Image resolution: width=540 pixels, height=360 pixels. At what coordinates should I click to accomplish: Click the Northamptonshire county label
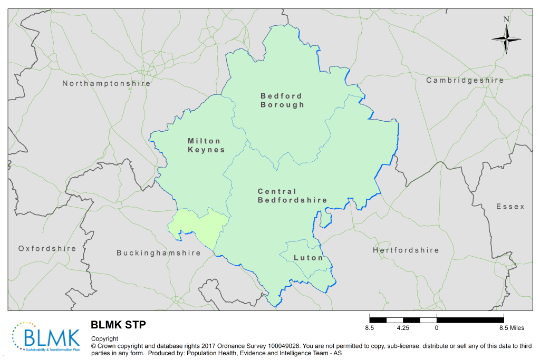[x=106, y=83]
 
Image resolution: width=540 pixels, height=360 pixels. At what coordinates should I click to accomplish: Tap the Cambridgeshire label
[x=465, y=80]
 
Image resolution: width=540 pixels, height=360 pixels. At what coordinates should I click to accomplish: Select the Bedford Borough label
[x=282, y=100]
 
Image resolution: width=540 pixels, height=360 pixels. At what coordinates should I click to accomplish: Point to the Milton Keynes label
[x=206, y=145]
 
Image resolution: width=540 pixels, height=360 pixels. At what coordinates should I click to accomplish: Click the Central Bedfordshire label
[x=292, y=196]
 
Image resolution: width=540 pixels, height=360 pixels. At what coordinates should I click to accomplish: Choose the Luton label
[x=308, y=258]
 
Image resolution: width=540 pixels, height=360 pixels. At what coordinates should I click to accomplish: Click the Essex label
[x=510, y=207]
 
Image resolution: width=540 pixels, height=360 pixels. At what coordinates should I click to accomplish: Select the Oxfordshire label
[x=47, y=248]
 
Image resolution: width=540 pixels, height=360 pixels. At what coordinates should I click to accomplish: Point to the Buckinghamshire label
[x=158, y=253]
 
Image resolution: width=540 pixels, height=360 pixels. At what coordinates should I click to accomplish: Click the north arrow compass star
[x=506, y=39]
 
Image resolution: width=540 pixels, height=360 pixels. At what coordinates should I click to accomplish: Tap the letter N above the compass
[x=506, y=20]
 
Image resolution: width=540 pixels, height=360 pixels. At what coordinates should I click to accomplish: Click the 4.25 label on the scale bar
[x=403, y=328]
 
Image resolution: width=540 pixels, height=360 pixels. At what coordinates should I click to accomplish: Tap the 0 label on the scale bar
[x=437, y=328]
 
